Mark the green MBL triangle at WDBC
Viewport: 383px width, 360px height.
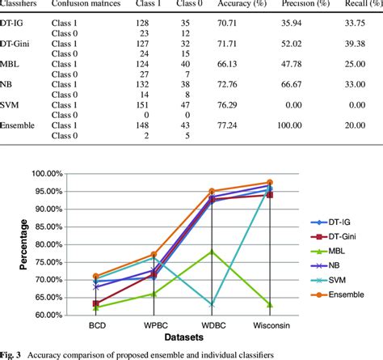click(x=213, y=252)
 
